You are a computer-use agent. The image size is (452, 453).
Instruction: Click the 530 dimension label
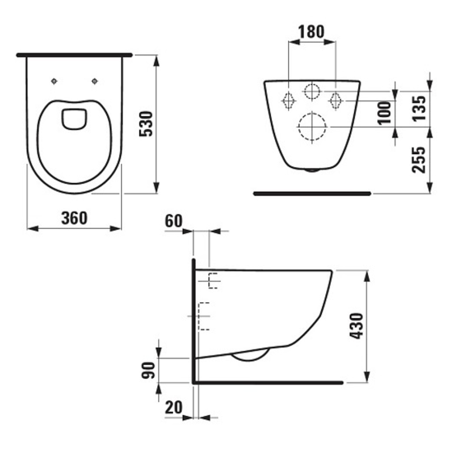[146, 124]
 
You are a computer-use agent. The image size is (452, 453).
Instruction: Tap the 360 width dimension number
[74, 218]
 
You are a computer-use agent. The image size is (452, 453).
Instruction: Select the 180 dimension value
[311, 31]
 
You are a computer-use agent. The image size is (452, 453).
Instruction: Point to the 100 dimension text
[384, 113]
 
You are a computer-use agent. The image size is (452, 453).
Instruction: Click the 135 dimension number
[419, 108]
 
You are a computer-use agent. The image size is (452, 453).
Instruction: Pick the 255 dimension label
[419, 160]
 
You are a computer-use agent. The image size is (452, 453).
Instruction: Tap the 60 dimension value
[174, 222]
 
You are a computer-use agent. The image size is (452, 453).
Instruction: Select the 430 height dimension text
[356, 325]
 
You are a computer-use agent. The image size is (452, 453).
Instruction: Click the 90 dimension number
[148, 370]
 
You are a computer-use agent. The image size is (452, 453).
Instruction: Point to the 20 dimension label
[174, 408]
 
